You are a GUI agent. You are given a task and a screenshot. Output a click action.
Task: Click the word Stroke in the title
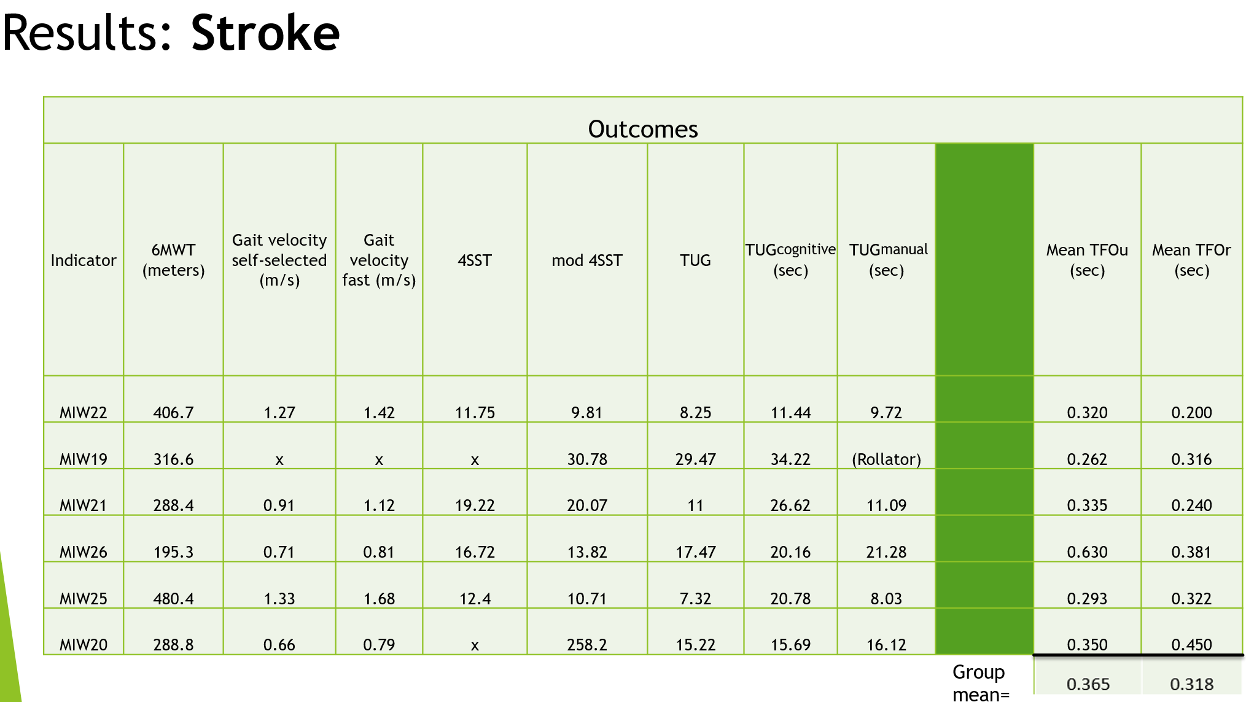[265, 33]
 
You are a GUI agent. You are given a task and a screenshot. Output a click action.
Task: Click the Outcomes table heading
[643, 129]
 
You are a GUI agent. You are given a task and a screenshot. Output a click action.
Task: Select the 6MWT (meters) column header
[174, 260]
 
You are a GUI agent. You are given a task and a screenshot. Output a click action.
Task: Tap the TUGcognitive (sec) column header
[790, 260]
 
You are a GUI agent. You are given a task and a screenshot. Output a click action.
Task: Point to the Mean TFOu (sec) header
[1087, 260]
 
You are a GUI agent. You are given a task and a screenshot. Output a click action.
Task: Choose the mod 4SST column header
[587, 260]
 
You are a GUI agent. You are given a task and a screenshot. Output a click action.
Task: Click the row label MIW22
[84, 413]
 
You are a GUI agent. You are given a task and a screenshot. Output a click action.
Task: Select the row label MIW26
[84, 552]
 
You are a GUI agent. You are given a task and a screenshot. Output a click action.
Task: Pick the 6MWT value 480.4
[174, 599]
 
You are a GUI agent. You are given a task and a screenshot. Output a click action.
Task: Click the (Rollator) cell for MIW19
[886, 459]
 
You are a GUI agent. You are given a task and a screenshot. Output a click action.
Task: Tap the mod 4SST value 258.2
[587, 645]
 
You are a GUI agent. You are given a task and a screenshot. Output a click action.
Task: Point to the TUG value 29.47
[695, 459]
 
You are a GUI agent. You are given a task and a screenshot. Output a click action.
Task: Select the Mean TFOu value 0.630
[1087, 552]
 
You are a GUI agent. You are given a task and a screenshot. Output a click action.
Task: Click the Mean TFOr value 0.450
[1191, 645]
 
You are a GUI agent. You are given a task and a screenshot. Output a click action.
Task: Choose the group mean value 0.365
[1088, 684]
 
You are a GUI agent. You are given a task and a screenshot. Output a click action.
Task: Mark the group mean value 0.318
[1191, 684]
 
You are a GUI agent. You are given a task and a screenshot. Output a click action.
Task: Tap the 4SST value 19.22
[475, 505]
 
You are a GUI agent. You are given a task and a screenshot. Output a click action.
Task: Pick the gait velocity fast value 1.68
[379, 599]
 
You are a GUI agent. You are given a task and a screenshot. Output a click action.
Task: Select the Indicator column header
[84, 260]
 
